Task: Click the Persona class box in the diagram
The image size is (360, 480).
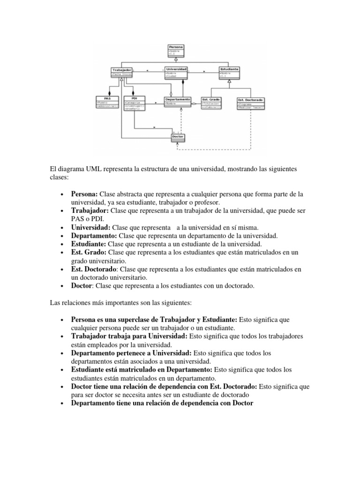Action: (176, 51)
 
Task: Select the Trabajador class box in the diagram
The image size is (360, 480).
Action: (120, 72)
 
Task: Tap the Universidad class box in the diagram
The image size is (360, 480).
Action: (176, 72)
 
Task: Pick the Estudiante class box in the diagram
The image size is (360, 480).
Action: (229, 72)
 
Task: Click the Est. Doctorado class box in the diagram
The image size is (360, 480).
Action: (251, 103)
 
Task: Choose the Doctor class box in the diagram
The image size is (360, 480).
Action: (178, 137)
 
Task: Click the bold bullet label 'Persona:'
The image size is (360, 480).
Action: (84, 194)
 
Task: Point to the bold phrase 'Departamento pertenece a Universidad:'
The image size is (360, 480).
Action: (131, 353)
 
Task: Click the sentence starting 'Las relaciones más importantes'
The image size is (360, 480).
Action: (116, 303)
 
